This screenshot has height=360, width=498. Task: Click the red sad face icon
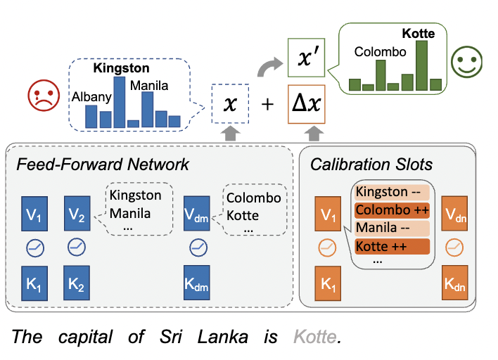[x=41, y=96]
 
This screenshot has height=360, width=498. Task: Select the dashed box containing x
[x=230, y=104]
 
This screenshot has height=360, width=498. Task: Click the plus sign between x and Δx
[x=267, y=105]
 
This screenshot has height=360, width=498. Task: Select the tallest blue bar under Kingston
[x=120, y=102]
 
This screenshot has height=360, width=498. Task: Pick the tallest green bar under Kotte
[x=421, y=66]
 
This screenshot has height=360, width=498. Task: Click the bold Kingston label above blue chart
[x=121, y=68]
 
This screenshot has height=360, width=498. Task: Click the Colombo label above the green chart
[x=380, y=52]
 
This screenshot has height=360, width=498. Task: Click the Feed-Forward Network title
[x=103, y=165]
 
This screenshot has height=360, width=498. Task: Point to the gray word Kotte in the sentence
[x=314, y=337]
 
